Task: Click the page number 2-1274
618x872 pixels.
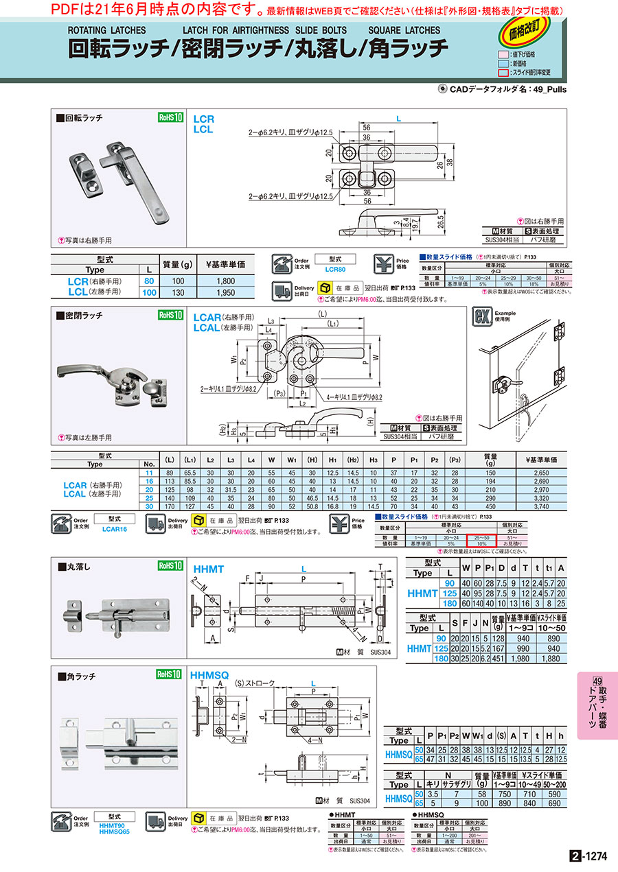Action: click(589, 856)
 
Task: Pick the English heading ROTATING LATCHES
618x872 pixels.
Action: click(106, 31)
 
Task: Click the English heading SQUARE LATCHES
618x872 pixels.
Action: click(404, 31)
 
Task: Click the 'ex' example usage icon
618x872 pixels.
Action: click(482, 318)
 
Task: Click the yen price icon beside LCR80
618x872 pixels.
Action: click(385, 264)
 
